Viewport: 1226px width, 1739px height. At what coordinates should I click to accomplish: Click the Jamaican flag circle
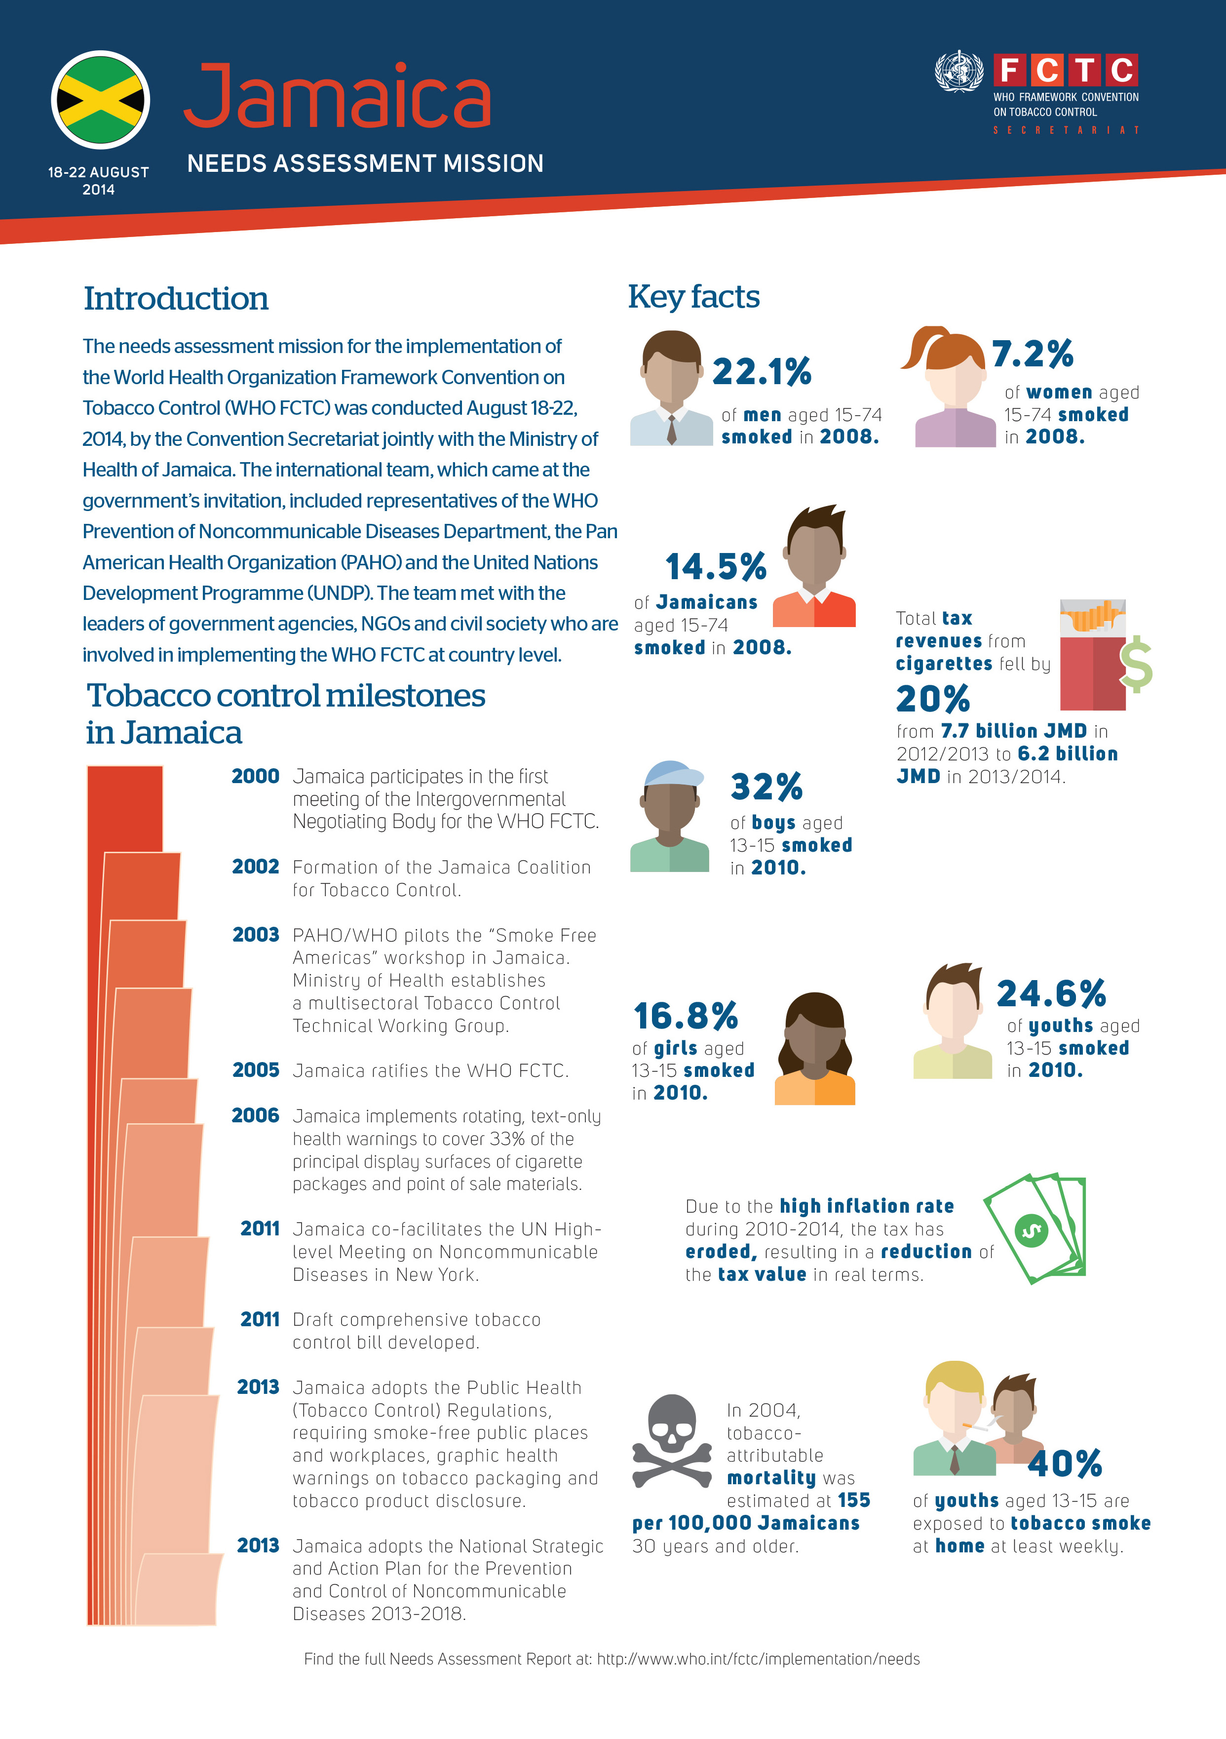click(x=101, y=99)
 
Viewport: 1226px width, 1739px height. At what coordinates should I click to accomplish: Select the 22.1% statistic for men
click(x=762, y=372)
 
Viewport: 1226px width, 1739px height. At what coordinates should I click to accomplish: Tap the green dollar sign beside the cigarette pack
click(x=1136, y=664)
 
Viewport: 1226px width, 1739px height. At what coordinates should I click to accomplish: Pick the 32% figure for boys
click(x=766, y=787)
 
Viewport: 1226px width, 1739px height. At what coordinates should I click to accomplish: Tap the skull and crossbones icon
click(x=672, y=1441)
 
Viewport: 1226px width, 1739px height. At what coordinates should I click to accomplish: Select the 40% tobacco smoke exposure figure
click(x=1065, y=1464)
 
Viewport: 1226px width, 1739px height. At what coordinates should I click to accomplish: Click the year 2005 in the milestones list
click(x=256, y=1070)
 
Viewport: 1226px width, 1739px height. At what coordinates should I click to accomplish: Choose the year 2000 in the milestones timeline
click(x=256, y=776)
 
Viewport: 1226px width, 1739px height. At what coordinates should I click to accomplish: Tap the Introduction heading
click(x=176, y=298)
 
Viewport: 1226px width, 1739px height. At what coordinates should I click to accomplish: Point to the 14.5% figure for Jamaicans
click(x=716, y=566)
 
